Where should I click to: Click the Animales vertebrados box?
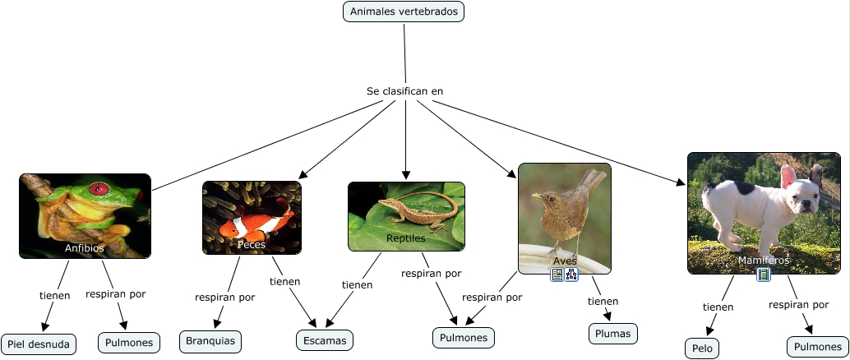[404, 12]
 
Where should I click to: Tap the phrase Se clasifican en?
[404, 91]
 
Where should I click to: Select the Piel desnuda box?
[39, 344]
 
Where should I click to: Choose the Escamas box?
[325, 340]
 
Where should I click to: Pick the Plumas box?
[613, 333]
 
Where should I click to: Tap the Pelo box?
[701, 348]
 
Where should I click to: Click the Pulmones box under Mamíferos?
[817, 347]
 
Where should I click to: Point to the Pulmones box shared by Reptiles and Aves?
[464, 337]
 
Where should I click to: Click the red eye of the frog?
[99, 188]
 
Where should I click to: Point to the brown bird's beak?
[534, 196]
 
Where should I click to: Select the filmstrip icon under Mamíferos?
[764, 275]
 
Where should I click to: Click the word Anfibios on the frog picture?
[85, 247]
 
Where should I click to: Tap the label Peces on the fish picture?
[252, 244]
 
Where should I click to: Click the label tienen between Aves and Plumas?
[603, 301]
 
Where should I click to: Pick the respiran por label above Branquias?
[224, 297]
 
